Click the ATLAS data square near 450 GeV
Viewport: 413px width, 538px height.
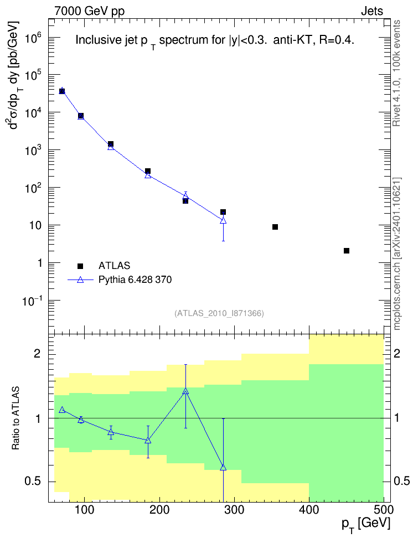(347, 251)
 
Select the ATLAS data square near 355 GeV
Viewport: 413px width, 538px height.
(275, 227)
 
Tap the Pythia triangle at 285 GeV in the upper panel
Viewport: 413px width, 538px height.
(223, 220)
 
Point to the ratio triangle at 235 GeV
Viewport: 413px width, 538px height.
(185, 391)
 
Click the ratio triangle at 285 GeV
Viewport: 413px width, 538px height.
(223, 467)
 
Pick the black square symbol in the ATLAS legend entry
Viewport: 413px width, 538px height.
(80, 266)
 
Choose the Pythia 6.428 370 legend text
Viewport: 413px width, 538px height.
(135, 280)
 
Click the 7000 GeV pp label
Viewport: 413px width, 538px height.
(89, 11)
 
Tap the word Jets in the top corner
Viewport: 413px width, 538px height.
(372, 11)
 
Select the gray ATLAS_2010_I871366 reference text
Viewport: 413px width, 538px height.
(219, 313)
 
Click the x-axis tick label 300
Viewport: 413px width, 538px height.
(235, 510)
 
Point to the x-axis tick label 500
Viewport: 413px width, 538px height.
(384, 510)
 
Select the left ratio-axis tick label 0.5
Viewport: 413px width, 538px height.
(33, 482)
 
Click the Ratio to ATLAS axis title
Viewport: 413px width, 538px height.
(16, 418)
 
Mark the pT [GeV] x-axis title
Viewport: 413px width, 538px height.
(366, 525)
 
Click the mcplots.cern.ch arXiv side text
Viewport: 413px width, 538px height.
(397, 254)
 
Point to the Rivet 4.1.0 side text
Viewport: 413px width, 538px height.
(397, 74)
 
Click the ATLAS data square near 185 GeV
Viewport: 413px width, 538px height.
(148, 171)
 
